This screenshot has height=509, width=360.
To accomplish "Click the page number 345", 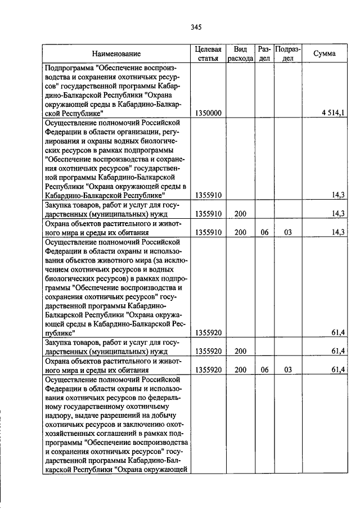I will tap(196, 27).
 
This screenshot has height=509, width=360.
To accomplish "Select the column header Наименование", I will tap(116, 53).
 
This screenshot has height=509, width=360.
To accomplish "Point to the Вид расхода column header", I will tap(240, 53).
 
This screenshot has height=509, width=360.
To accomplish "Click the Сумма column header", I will tap(325, 53).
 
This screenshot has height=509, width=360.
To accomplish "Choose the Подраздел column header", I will tap(287, 53).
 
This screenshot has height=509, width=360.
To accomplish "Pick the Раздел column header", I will tap(264, 53).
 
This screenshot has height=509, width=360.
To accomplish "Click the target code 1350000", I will tap(208, 113).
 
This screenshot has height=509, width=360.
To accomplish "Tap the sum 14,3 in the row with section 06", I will tap(337, 232).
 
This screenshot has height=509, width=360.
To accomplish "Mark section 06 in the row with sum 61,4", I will tap(264, 370).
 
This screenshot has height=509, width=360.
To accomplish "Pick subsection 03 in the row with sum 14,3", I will tap(287, 232).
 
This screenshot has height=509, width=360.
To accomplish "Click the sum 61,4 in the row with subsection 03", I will tap(337, 370).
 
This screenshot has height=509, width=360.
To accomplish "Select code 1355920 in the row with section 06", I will tap(208, 370).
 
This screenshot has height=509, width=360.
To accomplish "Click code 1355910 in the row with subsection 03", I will tap(208, 232).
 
